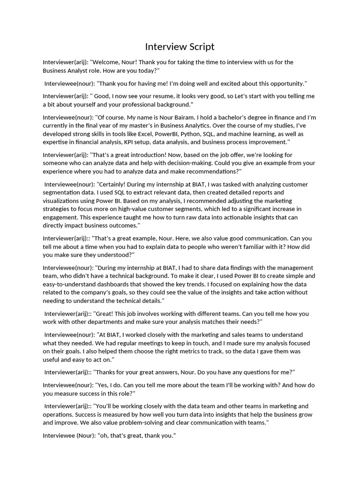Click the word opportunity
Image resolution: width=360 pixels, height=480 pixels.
283,83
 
